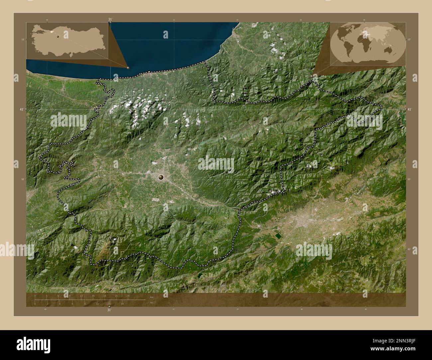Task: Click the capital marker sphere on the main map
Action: [x=161, y=177]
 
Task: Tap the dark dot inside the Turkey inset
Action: [x=57, y=36]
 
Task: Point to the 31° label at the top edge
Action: [x=110, y=19]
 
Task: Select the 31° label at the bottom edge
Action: [x=109, y=310]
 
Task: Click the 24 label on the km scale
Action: [x=128, y=296]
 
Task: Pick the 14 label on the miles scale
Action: [x=122, y=304]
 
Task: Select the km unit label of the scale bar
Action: [x=152, y=297]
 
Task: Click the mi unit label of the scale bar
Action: [x=151, y=302]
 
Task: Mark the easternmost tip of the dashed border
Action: [x=382, y=107]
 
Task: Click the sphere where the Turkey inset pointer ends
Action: [x=128, y=68]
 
